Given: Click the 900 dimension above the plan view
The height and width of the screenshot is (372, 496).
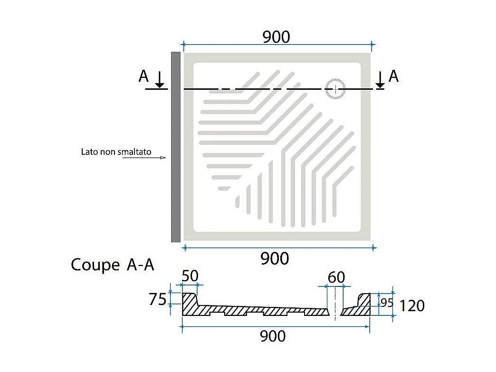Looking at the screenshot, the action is click(x=276, y=37).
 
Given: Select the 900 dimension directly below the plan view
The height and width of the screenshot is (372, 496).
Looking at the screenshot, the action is click(x=275, y=258).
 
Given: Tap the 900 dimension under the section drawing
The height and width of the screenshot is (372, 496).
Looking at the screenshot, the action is click(x=273, y=336).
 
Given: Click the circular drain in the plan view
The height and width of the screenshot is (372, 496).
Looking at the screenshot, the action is click(x=335, y=88).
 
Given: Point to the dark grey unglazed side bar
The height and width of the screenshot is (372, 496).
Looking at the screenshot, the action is click(x=176, y=147).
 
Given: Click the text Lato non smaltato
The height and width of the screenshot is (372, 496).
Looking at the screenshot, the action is click(x=116, y=152).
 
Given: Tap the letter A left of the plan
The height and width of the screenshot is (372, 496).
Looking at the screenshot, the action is click(x=143, y=76).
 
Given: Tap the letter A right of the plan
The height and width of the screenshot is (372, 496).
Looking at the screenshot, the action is click(x=393, y=76).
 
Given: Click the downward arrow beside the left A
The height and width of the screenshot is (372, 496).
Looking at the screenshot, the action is click(x=160, y=79).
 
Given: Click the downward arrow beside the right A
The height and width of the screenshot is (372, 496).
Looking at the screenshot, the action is click(x=380, y=79).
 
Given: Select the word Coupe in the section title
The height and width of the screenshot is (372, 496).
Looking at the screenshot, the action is click(x=95, y=265).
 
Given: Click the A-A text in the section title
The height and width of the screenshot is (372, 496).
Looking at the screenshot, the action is click(x=141, y=265).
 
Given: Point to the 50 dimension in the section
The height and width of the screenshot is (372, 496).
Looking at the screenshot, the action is click(x=190, y=276).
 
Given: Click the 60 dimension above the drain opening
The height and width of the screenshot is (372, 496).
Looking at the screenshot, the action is click(x=336, y=277).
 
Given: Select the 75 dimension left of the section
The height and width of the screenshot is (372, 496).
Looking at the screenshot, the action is click(x=158, y=299).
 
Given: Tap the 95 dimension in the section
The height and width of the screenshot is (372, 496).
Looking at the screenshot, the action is click(x=387, y=303).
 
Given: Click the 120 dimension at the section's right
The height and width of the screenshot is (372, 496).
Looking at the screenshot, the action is click(x=412, y=306).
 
